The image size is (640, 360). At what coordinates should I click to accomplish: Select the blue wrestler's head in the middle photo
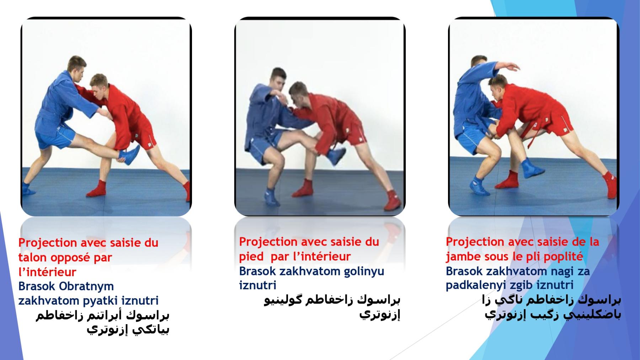point(278,79)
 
